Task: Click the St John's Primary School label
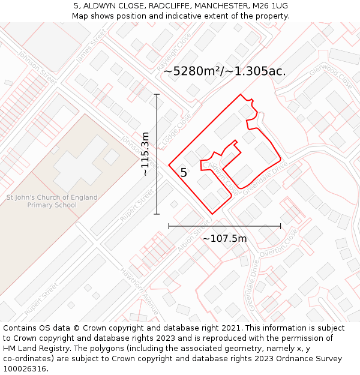pyautogui.click(x=52, y=201)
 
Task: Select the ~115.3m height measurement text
pyautogui.click(x=145, y=154)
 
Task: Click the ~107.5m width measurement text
pyautogui.click(x=224, y=239)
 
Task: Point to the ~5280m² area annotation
pyautogui.click(x=224, y=71)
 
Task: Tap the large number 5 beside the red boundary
pyautogui.click(x=184, y=173)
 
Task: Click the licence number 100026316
pyautogui.click(x=25, y=369)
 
